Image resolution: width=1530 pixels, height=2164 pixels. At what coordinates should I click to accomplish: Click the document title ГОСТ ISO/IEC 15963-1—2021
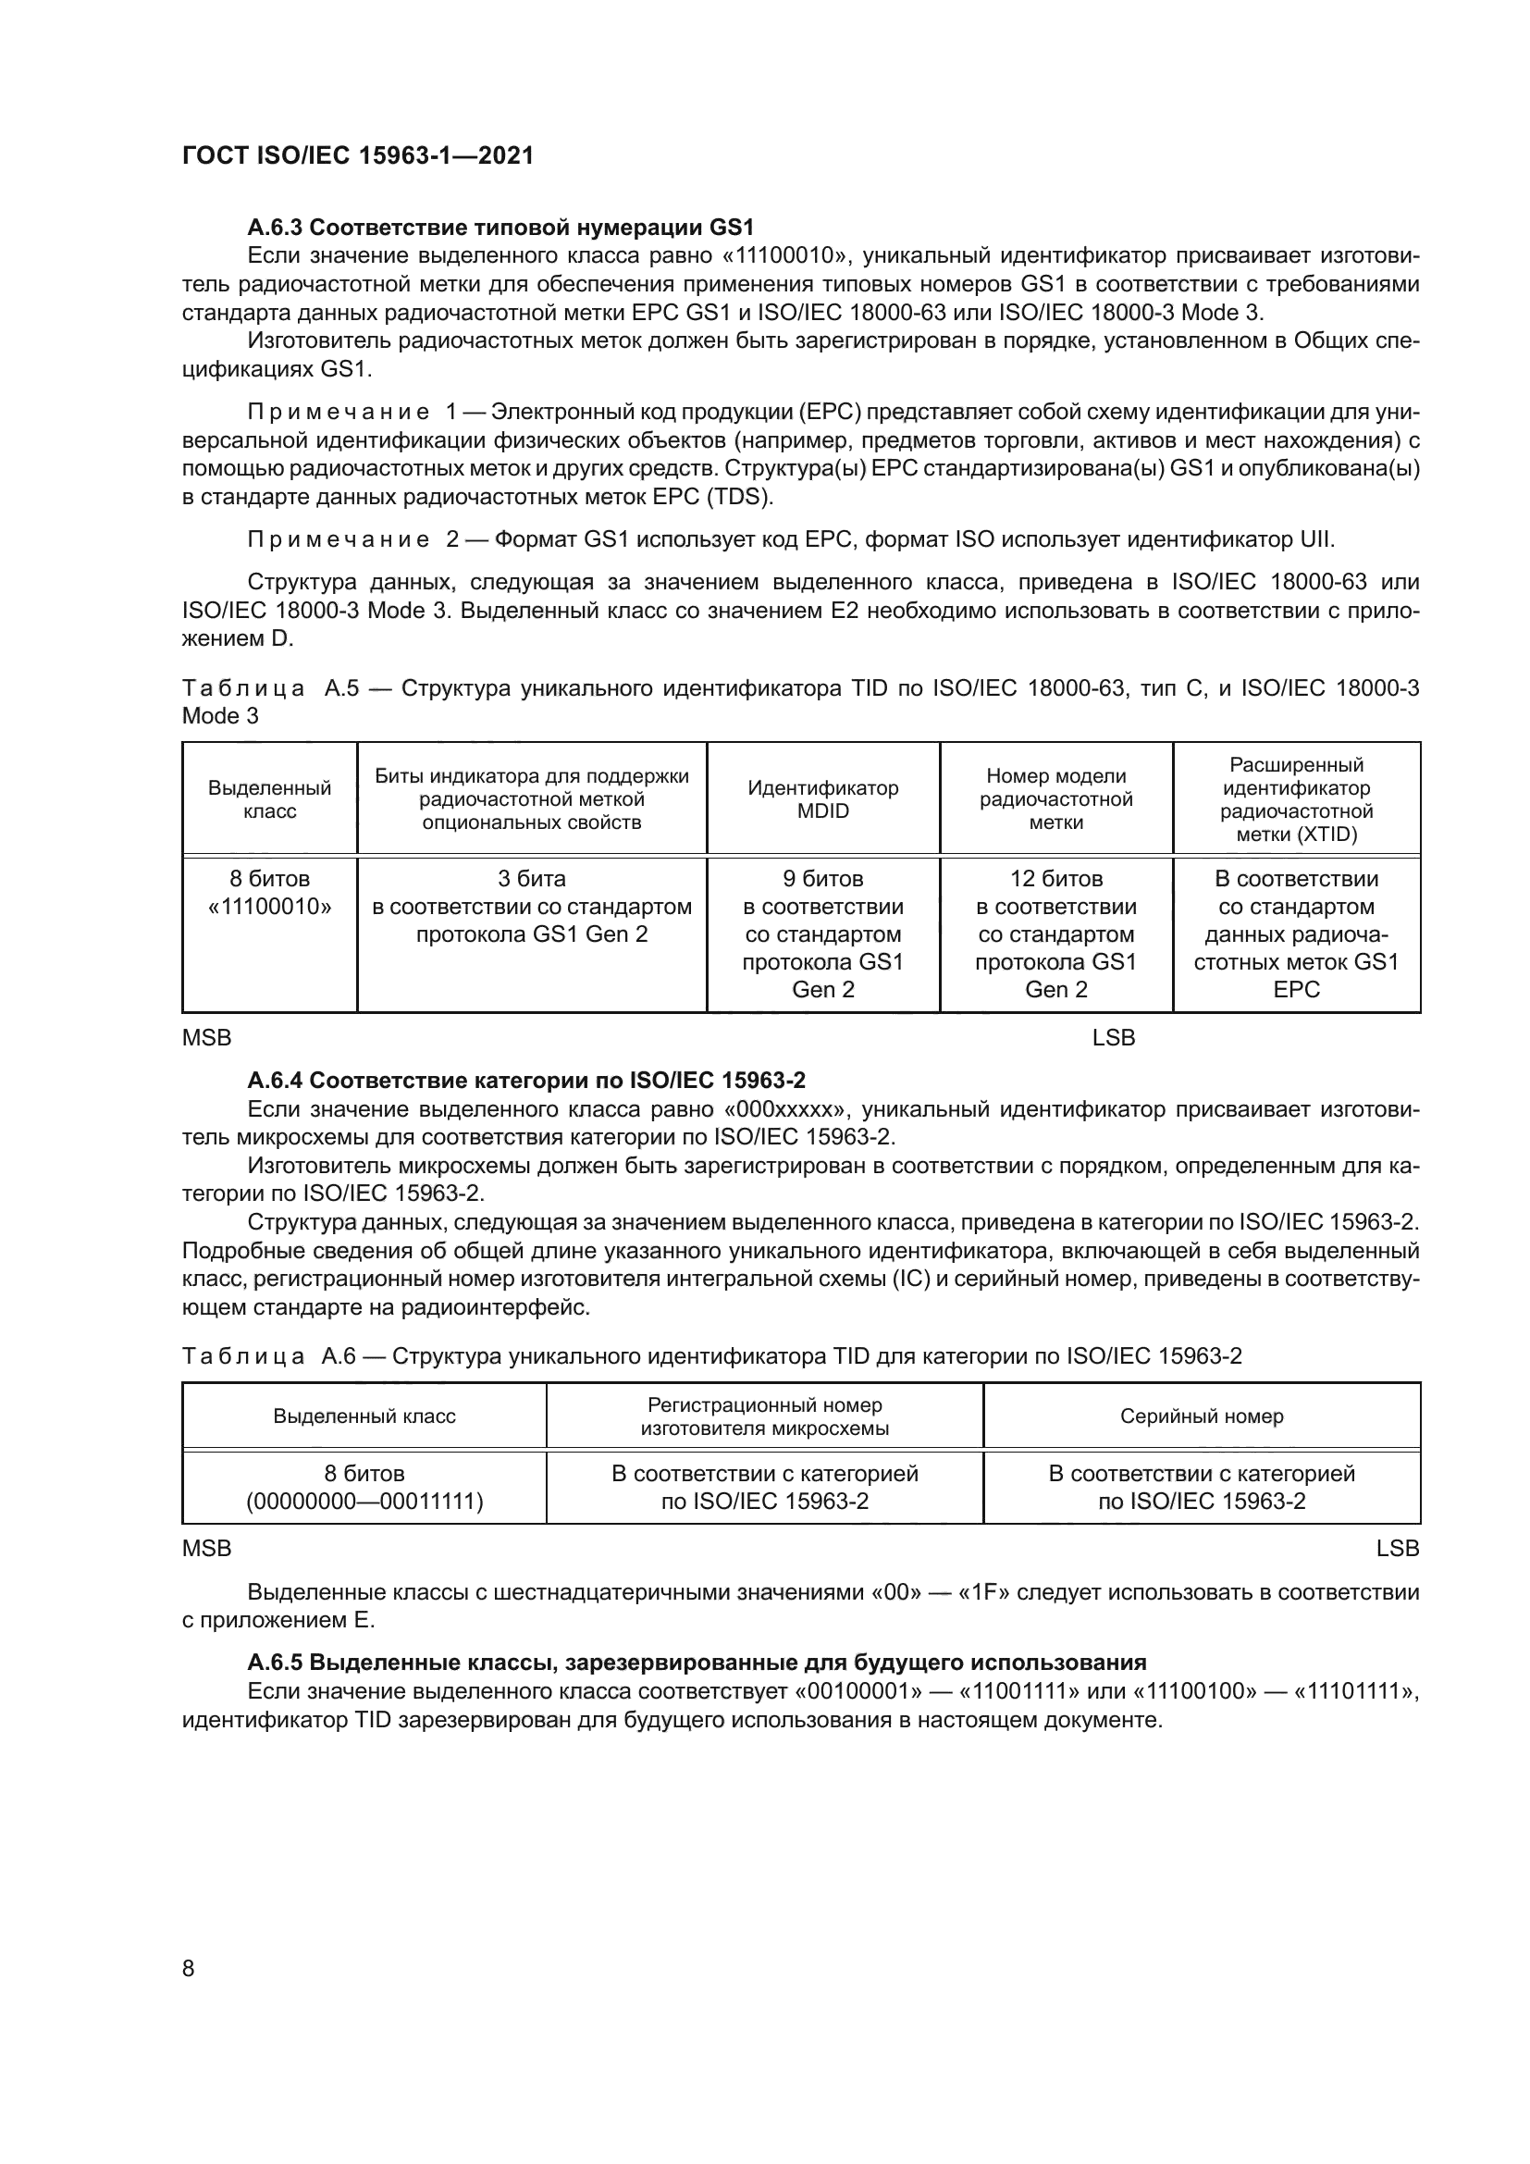(358, 155)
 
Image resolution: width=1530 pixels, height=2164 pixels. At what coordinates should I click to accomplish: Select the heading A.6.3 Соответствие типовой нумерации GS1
(500, 228)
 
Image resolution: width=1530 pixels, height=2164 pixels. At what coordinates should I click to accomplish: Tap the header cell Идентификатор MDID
(822, 799)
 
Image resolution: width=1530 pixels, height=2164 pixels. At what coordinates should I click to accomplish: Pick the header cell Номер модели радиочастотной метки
(1055, 799)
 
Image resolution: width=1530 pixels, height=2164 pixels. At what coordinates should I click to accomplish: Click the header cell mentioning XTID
(1295, 799)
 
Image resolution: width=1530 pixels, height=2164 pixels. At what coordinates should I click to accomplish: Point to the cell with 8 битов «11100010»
(269, 893)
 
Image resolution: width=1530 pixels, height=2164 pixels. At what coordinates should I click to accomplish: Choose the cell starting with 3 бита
(531, 906)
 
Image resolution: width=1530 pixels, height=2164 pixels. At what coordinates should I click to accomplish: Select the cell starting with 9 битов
(822, 934)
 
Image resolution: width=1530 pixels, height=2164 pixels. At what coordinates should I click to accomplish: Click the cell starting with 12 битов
(1055, 934)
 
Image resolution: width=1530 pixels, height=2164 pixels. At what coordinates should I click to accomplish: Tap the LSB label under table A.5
(1114, 1038)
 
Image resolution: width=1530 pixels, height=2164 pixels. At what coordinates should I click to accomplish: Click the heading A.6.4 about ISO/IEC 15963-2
(525, 1080)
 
